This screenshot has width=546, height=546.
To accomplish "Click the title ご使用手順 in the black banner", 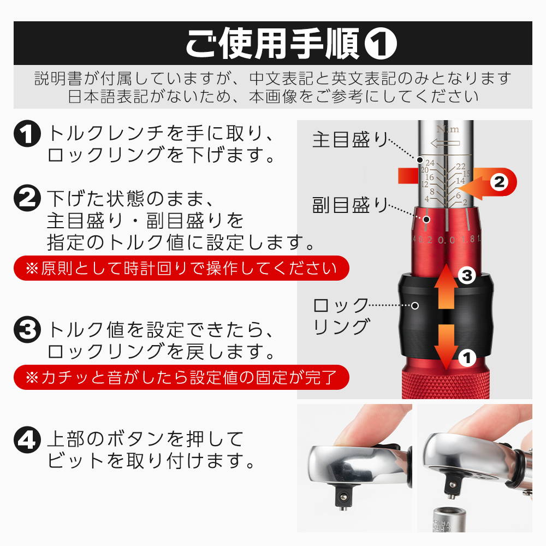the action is (x=272, y=43).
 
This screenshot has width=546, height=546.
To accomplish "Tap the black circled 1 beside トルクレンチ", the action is (x=27, y=134).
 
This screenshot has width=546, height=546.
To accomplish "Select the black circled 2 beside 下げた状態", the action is (x=27, y=198).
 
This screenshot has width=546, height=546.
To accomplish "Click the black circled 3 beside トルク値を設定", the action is (x=27, y=329).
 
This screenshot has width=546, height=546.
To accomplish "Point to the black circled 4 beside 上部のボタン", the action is (x=27, y=440).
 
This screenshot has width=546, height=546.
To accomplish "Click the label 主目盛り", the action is (x=351, y=139).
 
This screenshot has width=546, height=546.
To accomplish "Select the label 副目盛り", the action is (x=351, y=204).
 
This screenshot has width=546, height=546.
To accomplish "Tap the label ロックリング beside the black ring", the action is (x=341, y=317).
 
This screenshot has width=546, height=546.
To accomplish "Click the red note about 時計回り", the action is (x=181, y=268).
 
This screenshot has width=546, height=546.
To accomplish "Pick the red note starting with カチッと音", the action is (x=181, y=377).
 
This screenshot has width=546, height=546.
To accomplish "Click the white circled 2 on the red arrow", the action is (x=500, y=182).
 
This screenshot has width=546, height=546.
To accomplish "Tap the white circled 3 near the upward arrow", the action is (x=467, y=276).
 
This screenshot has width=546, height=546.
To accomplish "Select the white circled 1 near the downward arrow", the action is (x=467, y=358).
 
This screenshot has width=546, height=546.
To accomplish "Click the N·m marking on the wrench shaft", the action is (x=448, y=129).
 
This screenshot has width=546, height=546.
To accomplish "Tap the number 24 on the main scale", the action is (x=430, y=163).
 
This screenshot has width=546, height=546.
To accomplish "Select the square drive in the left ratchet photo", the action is (x=343, y=496).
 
